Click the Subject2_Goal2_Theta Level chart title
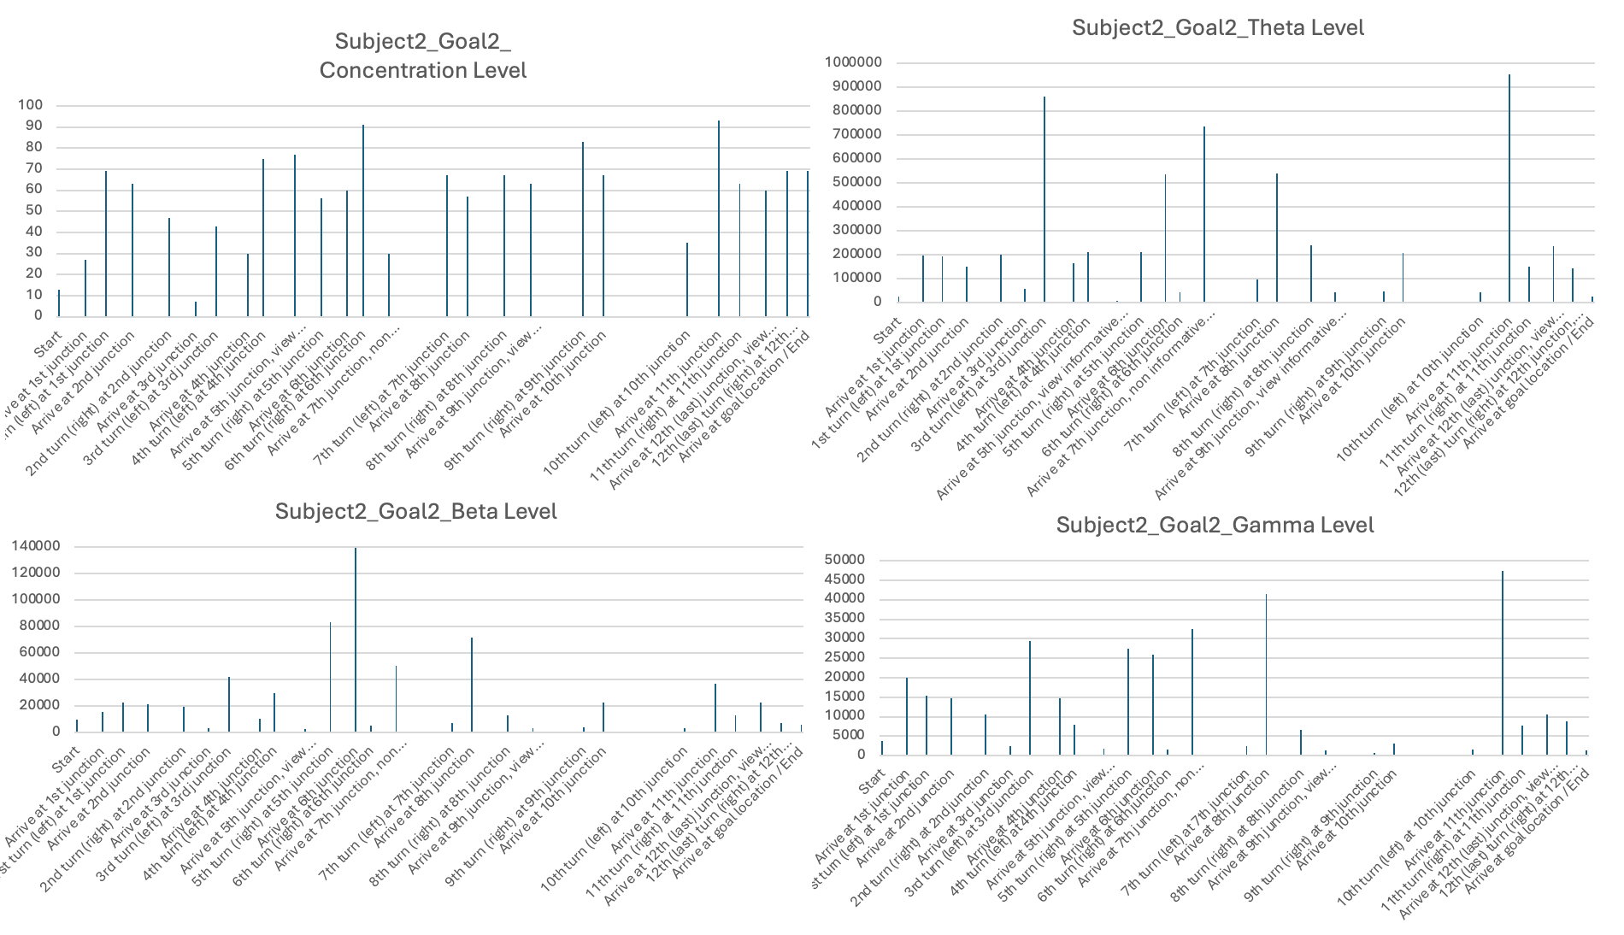click(x=1217, y=28)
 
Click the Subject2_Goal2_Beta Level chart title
click(x=415, y=512)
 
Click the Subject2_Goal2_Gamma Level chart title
click(x=1215, y=525)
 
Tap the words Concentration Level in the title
click(x=422, y=70)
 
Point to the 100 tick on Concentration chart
click(x=31, y=105)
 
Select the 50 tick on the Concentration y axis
click(x=34, y=210)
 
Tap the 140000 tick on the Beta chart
click(x=38, y=546)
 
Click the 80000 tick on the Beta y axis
click(x=42, y=626)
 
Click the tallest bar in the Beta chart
click(x=356, y=641)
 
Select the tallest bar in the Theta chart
click(x=1509, y=188)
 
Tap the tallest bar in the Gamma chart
click(x=1503, y=662)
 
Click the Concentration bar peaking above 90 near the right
click(x=719, y=219)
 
